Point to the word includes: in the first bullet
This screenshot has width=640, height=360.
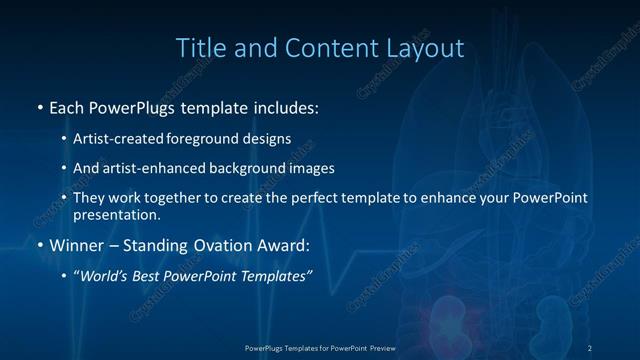(x=284, y=106)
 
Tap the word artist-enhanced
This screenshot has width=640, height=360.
(x=143, y=169)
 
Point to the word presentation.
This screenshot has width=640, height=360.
(x=116, y=214)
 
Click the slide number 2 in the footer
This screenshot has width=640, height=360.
(x=590, y=347)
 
